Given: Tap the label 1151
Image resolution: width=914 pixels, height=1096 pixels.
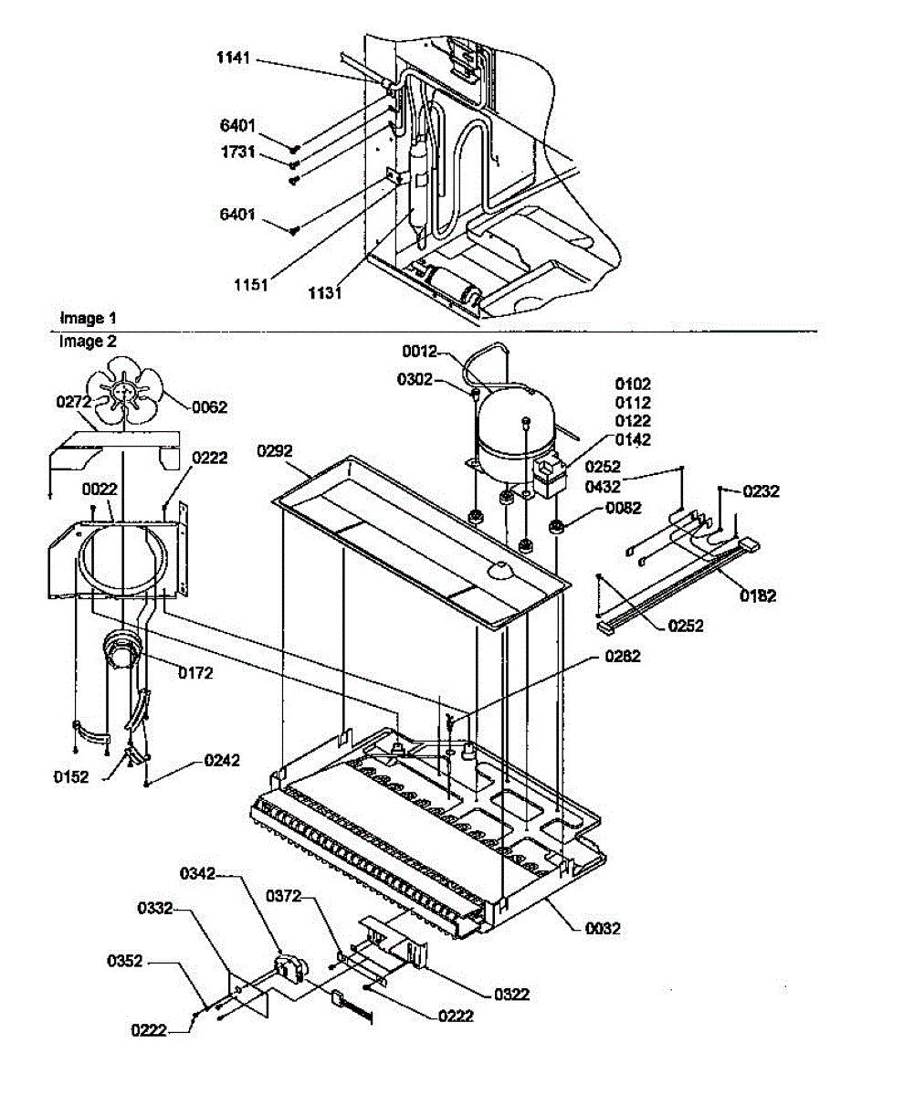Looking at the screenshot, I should (x=249, y=284).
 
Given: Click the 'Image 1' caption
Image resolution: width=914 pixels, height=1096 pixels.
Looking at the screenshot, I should (x=88, y=319).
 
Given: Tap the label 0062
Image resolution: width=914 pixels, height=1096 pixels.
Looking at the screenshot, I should (x=209, y=407).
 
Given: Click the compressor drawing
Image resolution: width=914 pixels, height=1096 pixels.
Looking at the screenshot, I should (x=516, y=427).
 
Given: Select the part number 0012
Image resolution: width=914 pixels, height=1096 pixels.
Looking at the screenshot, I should (x=422, y=351).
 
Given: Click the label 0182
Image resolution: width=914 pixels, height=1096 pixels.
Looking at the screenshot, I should (x=759, y=596).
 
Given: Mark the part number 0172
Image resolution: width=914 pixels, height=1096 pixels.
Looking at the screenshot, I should (x=194, y=673).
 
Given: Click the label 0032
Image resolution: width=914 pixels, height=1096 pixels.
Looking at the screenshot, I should (x=602, y=929).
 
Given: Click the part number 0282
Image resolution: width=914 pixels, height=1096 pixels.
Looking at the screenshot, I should (x=622, y=657).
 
